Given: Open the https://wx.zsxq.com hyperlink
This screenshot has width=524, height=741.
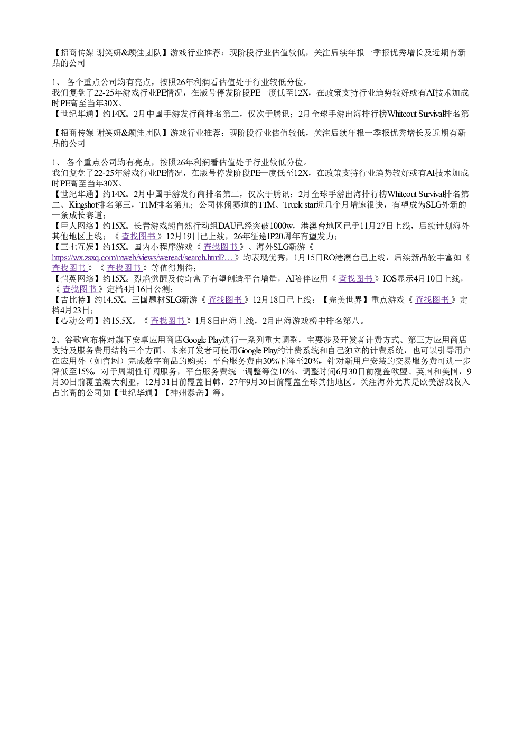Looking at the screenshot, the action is click(x=143, y=258).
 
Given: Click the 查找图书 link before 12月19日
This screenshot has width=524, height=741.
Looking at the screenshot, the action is click(x=138, y=237).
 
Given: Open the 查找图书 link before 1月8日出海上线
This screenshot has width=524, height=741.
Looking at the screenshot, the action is click(x=168, y=321).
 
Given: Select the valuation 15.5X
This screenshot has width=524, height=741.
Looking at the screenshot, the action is click(x=124, y=321).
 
